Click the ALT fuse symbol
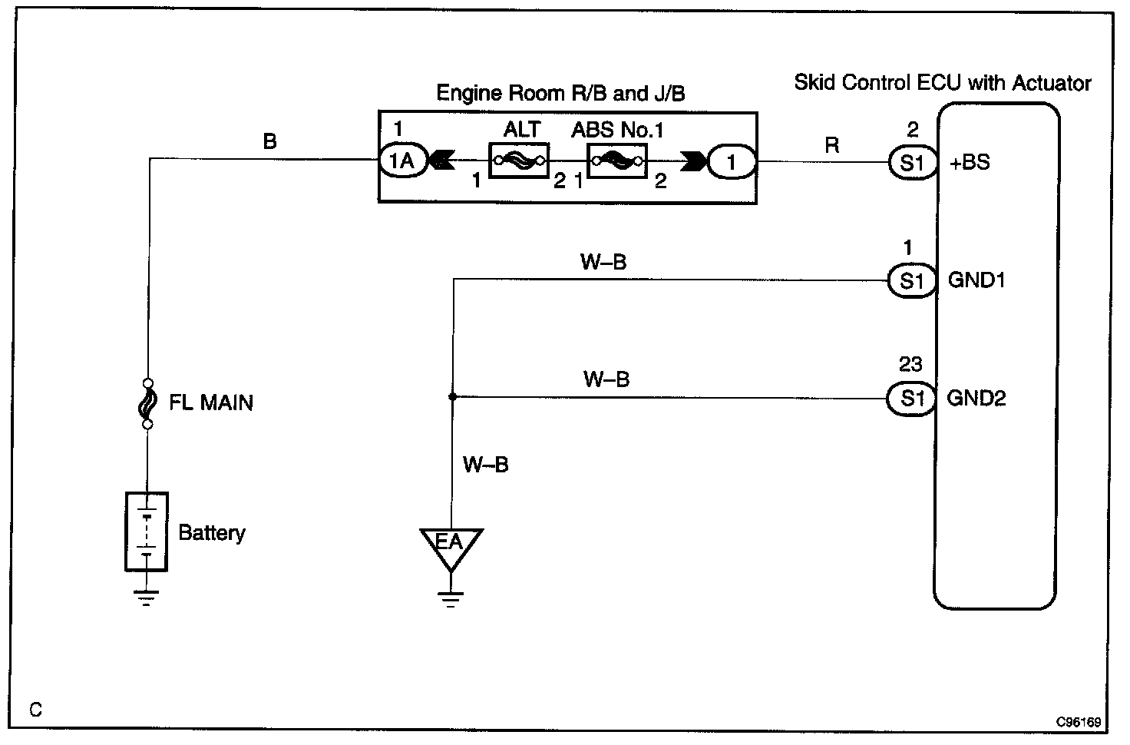(520, 161)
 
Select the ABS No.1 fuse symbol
(616, 161)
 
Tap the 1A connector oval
(402, 161)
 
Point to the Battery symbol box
(147, 531)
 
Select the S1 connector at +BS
(912, 163)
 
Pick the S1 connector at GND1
(912, 281)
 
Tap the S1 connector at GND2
(912, 399)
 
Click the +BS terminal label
(970, 163)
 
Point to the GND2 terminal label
(976, 399)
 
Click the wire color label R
(832, 145)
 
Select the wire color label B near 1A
(269, 141)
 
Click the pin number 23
(910, 364)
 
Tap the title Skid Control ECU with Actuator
(942, 83)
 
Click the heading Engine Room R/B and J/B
(560, 94)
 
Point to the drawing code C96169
(1078, 722)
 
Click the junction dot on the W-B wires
(453, 397)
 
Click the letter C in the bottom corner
(36, 709)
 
